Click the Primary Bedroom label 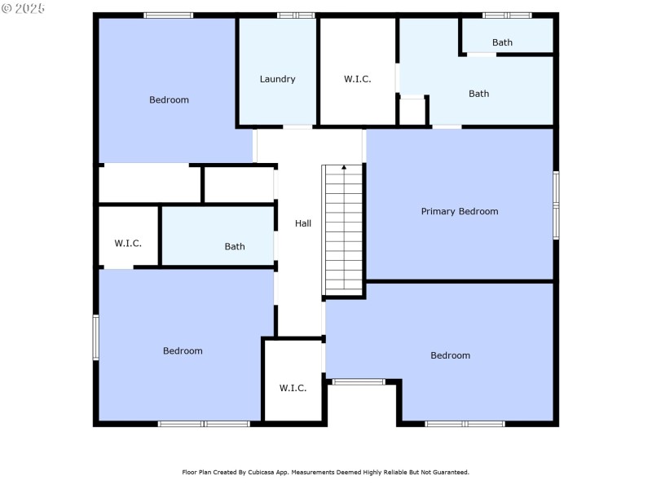[459, 212]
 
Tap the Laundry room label [277, 79]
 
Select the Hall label [303, 223]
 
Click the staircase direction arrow [344, 169]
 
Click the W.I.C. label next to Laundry [357, 79]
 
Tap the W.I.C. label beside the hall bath [128, 244]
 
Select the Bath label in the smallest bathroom [502, 42]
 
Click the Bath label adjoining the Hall [235, 247]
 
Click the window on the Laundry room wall [296, 15]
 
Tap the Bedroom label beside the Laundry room [169, 100]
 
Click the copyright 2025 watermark [24, 8]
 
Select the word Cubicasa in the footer [258, 472]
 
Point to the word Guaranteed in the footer [448, 472]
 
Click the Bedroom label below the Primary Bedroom [450, 355]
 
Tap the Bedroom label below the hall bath [183, 351]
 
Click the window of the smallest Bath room [507, 15]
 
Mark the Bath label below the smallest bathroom [478, 94]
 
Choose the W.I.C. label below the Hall [293, 388]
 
